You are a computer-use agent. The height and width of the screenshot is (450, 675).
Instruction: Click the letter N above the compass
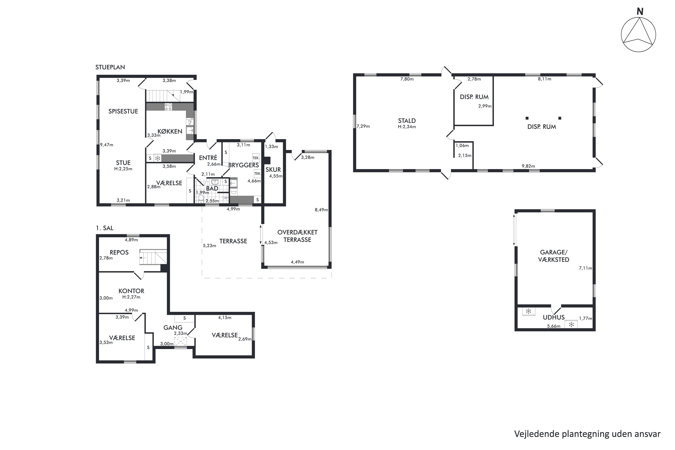tap(640, 11)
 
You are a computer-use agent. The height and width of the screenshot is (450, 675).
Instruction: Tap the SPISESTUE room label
tap(123, 111)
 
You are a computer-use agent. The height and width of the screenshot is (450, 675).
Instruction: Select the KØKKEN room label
tap(170, 131)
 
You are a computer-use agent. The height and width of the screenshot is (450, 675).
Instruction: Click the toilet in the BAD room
tap(201, 198)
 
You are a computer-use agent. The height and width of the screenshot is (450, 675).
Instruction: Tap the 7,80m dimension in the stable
tap(407, 79)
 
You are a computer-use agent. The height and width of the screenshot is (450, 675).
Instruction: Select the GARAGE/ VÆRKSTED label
tap(553, 256)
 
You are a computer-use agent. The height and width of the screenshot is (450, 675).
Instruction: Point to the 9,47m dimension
tap(106, 145)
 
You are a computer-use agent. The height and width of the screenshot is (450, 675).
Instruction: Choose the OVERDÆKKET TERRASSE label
tap(297, 236)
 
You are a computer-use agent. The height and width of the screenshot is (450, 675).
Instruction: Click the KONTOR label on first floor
tap(131, 291)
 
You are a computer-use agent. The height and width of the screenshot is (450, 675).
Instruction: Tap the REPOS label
tap(119, 252)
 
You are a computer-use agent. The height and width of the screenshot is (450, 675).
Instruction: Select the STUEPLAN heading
tap(110, 67)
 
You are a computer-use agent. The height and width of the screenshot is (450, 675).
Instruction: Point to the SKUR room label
tap(273, 170)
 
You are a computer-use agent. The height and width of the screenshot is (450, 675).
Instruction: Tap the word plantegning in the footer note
tap(586, 434)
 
